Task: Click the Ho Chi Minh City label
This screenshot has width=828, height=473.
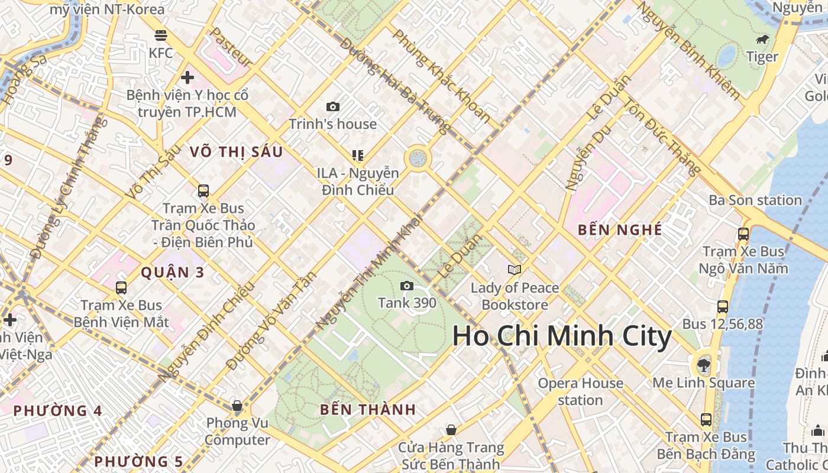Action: (562, 337)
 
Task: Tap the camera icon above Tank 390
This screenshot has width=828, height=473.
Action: (407, 286)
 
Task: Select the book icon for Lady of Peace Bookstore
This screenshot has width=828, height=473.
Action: (515, 270)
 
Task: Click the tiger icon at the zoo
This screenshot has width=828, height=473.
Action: (762, 40)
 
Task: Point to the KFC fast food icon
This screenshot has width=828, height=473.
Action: (160, 35)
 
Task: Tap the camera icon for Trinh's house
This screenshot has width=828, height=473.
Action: (333, 106)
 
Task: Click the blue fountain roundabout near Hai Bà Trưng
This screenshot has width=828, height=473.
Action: (418, 158)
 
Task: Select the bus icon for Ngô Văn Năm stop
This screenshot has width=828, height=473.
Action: (743, 234)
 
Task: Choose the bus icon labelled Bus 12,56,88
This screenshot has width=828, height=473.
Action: (722, 306)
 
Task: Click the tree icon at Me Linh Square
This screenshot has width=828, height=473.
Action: (703, 364)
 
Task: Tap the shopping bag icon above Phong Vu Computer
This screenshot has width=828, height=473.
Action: (237, 406)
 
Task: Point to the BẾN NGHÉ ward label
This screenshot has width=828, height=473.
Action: (620, 230)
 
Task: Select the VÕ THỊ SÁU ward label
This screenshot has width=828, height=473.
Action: (236, 152)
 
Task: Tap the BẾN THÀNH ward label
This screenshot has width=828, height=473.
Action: (368, 409)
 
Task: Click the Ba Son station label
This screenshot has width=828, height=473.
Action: (755, 200)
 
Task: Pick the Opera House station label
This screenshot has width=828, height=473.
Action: (580, 391)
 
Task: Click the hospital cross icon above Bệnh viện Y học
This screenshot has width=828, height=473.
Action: (187, 77)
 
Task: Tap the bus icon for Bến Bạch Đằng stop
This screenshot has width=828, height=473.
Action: (706, 420)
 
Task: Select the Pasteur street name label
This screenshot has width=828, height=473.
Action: (232, 47)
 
